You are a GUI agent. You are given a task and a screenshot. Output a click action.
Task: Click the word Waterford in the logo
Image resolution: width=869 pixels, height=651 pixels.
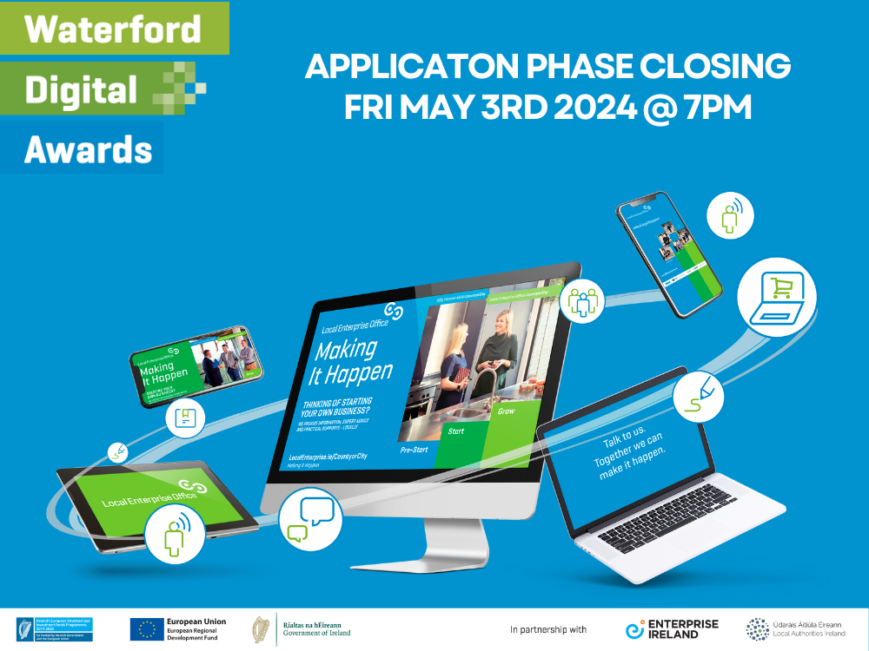click(113, 29)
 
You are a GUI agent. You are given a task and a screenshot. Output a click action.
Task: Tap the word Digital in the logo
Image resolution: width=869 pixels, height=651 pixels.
click(81, 89)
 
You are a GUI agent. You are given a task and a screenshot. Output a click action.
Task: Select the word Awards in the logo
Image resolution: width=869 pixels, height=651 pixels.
click(88, 148)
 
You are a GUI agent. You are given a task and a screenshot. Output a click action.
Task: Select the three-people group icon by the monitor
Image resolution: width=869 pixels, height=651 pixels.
click(580, 300)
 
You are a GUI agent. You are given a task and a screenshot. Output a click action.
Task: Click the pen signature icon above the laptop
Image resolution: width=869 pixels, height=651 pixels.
click(705, 395)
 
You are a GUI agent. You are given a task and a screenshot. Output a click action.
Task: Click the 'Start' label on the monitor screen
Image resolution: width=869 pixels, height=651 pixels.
click(455, 431)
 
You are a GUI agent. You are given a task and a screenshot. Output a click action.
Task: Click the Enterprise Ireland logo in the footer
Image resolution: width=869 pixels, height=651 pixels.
click(673, 628)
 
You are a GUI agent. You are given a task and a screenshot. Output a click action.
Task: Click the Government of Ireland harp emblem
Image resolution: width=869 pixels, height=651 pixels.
click(260, 628)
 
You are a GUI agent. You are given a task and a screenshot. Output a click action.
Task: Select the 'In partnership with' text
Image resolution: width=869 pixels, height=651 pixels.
click(548, 629)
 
